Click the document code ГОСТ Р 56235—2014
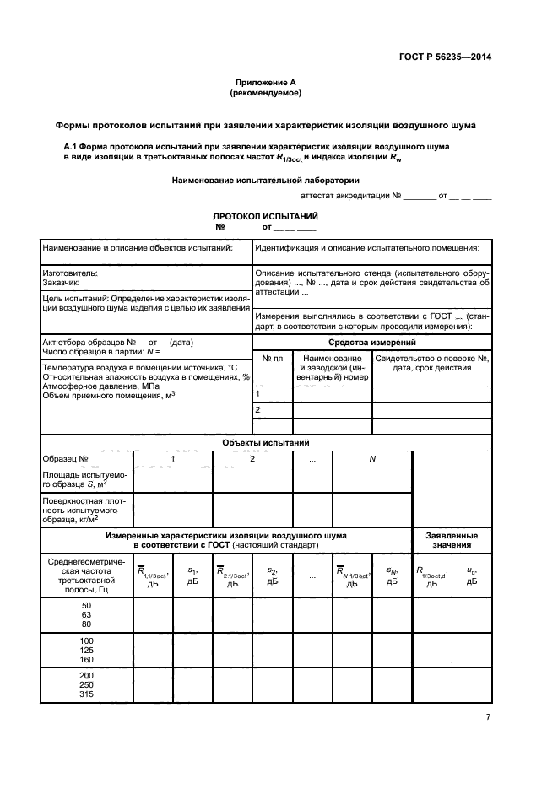(444, 57)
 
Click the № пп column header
(273, 359)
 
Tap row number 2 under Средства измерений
(257, 410)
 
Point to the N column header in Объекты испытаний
(371, 458)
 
